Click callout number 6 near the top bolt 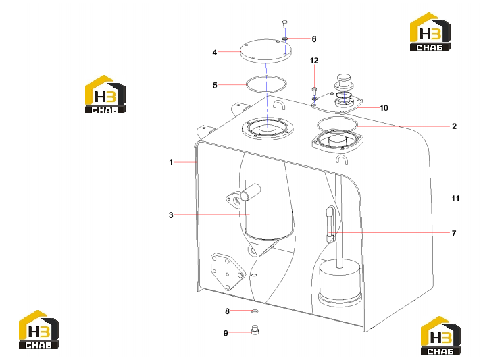(x=314, y=39)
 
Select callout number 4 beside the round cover (x=214, y=53)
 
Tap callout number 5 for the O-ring (x=215, y=85)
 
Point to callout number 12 (x=314, y=61)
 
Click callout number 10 (x=384, y=108)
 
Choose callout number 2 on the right (x=454, y=126)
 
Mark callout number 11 (x=455, y=198)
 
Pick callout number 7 (x=454, y=233)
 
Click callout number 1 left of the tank (x=171, y=163)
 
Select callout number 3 (x=171, y=215)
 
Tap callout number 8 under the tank (x=227, y=311)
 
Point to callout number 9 (x=226, y=333)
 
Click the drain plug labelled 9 (x=255, y=330)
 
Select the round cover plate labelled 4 (x=265, y=51)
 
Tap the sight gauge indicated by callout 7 (x=330, y=224)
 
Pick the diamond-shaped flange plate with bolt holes (x=228, y=272)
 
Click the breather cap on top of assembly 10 (x=344, y=80)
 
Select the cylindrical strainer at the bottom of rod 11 (x=340, y=283)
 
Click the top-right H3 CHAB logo (x=430, y=32)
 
